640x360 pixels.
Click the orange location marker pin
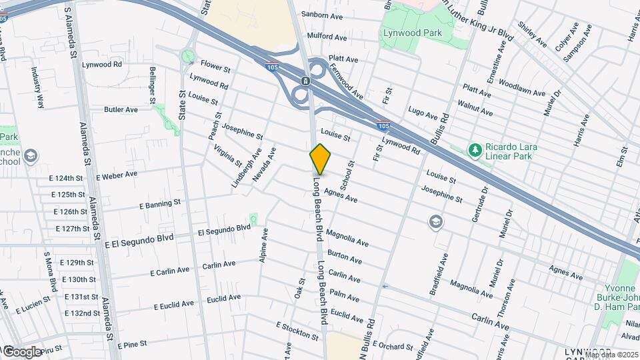tap(320, 159)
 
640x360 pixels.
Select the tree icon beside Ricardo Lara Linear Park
tap(475, 150)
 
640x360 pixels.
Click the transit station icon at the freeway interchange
tap(305, 81)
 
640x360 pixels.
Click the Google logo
tap(21, 351)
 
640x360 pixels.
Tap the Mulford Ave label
tap(327, 37)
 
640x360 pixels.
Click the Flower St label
tap(215, 68)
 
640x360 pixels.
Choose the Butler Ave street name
tap(121, 109)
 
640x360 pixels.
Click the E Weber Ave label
tap(117, 175)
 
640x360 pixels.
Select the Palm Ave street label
tap(345, 294)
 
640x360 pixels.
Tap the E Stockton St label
tap(297, 329)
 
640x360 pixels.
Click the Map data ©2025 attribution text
tap(611, 355)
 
